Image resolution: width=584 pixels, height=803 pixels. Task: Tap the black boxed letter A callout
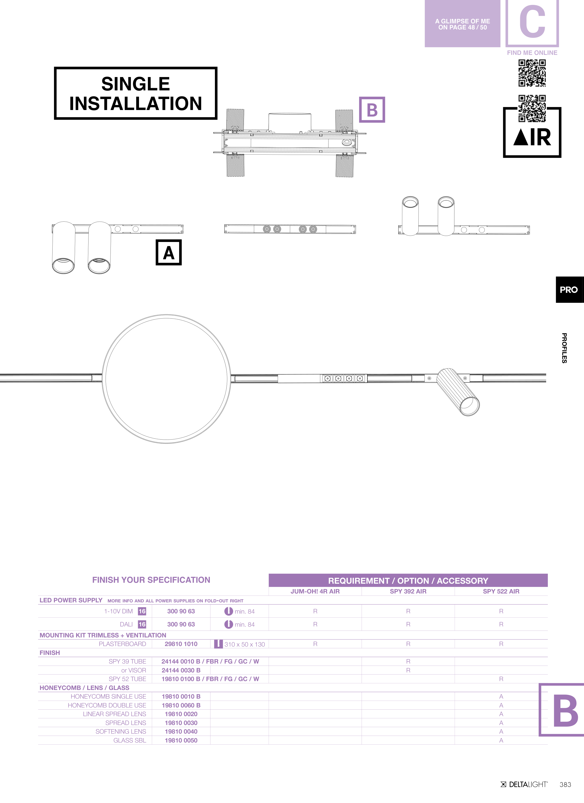[169, 252]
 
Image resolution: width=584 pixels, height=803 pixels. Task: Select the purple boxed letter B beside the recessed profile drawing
[372, 110]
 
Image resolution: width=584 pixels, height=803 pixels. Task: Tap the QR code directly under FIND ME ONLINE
[532, 73]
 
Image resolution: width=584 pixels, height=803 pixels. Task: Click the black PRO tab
[569, 290]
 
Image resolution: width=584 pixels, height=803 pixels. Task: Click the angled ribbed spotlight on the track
[458, 391]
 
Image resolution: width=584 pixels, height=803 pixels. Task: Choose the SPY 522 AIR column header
[501, 591]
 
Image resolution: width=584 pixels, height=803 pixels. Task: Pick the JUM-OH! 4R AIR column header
[315, 591]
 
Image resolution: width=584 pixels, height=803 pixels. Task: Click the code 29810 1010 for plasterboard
[181, 644]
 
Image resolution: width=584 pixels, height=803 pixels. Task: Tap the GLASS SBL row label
[130, 740]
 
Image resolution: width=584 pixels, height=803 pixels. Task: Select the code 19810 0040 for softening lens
[181, 732]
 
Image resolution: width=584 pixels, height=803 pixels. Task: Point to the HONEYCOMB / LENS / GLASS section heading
[84, 688]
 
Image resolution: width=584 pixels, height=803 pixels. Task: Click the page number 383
[565, 785]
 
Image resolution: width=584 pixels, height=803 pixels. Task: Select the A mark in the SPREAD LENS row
[501, 723]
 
